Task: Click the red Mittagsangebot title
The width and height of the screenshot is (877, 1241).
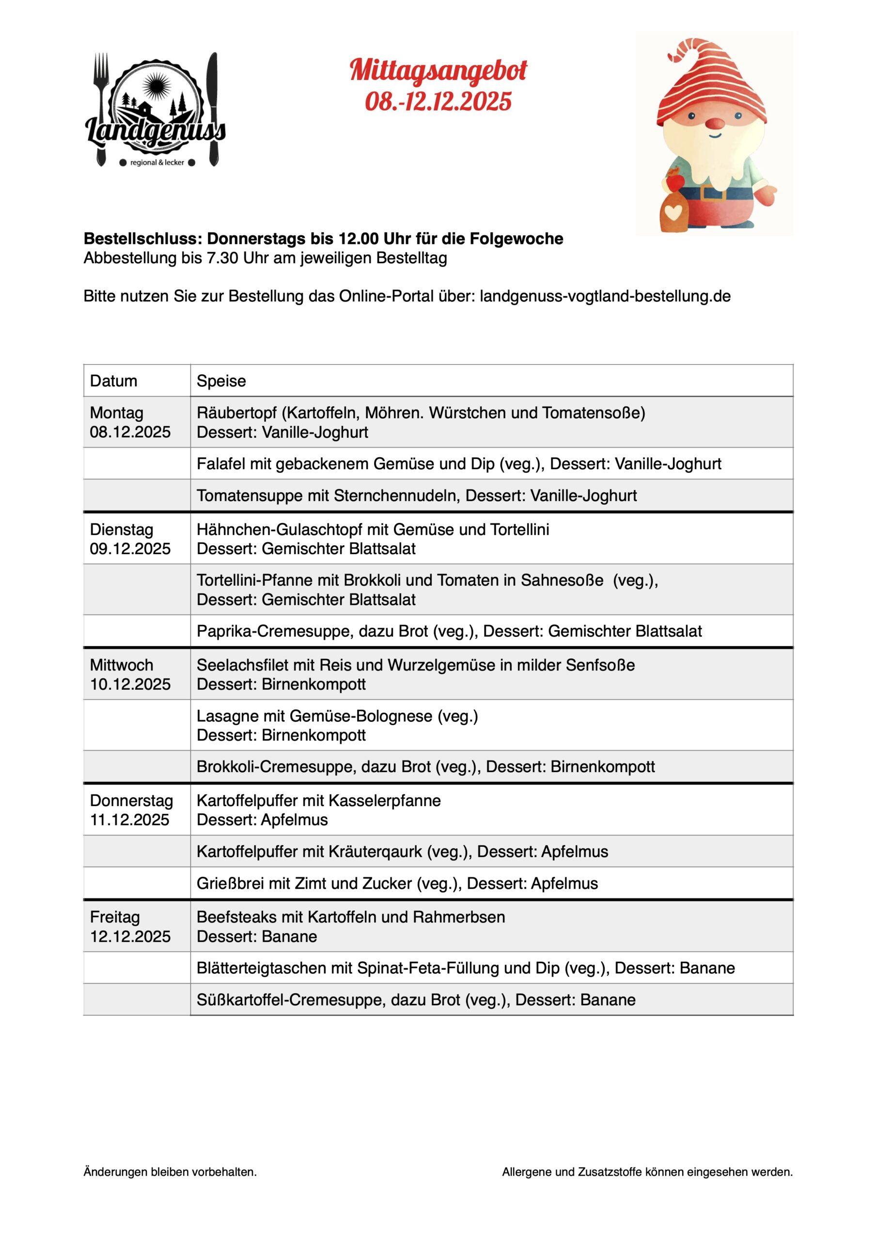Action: point(438,71)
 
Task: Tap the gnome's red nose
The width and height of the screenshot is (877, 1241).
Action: point(716,124)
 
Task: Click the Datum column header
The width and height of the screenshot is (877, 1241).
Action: point(113,381)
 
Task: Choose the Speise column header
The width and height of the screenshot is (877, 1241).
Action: point(221,381)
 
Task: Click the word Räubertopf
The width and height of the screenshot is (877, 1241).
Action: point(236,413)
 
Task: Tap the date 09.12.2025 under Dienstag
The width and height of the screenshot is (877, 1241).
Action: point(130,549)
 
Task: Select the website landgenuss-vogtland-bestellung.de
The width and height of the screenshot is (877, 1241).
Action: point(605,296)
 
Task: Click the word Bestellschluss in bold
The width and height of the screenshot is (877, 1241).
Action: point(141,239)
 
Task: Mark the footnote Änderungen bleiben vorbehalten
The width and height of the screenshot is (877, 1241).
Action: point(170,1172)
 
